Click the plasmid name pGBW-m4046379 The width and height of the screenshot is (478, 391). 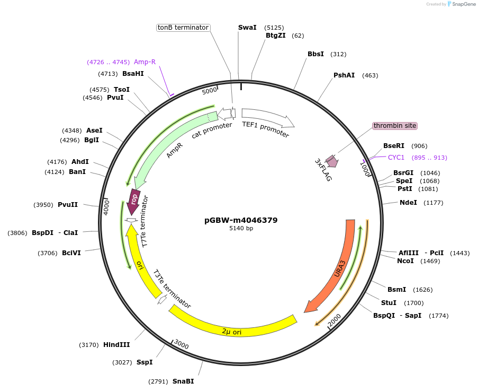[x=241, y=220]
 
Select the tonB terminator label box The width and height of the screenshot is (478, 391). [x=183, y=28]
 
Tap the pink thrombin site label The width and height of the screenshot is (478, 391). [x=395, y=126]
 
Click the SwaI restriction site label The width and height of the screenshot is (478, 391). [x=247, y=27]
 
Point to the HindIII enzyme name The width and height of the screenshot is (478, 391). [x=116, y=345]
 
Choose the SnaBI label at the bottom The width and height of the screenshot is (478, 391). [x=183, y=381]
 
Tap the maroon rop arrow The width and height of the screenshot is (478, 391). [x=134, y=200]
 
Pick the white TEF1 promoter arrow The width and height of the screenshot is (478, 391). [x=267, y=118]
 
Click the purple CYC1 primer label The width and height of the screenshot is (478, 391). [x=396, y=158]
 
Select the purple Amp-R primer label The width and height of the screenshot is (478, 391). [x=145, y=62]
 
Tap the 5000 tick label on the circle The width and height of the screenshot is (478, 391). [x=210, y=91]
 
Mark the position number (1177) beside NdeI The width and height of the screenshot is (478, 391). [x=433, y=203]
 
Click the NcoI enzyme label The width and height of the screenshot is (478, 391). [x=405, y=261]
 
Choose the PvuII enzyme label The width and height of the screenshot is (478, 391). [x=68, y=205]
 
